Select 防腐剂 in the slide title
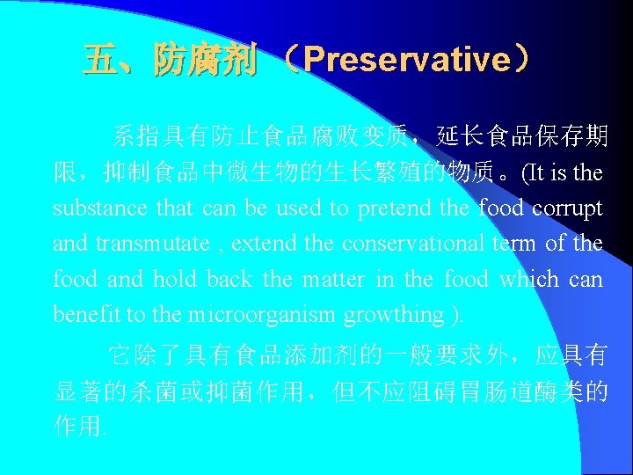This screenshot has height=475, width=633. pos(204,60)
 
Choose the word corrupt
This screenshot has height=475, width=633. pos(567,208)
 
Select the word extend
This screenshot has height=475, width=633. pos(266,244)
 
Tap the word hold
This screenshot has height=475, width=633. pos(174,279)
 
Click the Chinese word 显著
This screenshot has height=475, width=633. pos(79,392)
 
